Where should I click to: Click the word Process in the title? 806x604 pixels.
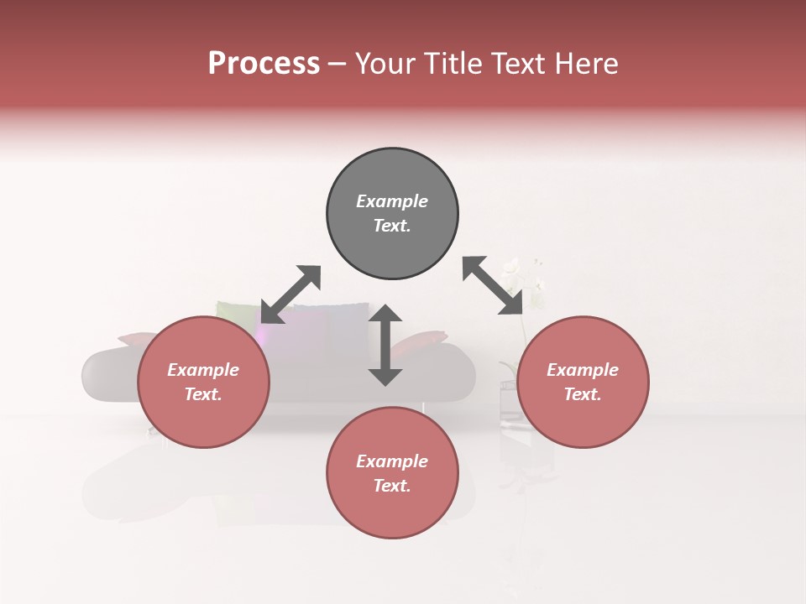[264, 64]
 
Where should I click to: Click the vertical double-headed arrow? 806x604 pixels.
[385, 345]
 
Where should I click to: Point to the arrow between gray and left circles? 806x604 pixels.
[290, 294]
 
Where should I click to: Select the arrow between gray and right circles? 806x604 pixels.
[493, 285]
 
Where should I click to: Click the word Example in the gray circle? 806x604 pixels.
[392, 201]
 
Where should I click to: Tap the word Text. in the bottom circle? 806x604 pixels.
[392, 486]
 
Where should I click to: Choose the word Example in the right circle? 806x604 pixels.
[583, 370]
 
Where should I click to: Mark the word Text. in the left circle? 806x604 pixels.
[203, 394]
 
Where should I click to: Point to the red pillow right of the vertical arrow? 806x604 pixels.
[424, 341]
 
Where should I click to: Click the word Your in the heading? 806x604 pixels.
[385, 64]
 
